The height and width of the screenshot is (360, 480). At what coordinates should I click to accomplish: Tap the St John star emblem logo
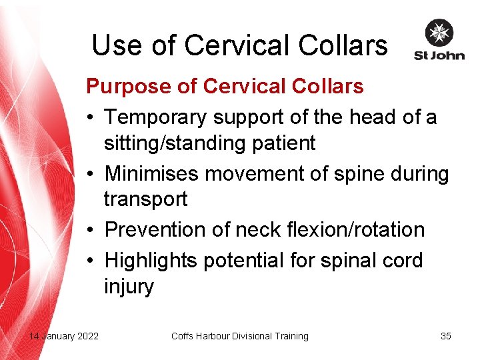point(439,33)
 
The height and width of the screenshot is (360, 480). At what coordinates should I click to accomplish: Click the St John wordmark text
point(439,55)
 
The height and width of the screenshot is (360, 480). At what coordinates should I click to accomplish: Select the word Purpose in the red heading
point(125,86)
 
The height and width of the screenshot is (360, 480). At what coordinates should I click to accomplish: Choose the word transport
point(145,199)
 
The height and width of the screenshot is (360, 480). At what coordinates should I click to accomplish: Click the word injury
point(129,287)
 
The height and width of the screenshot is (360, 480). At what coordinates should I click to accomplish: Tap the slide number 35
point(446,336)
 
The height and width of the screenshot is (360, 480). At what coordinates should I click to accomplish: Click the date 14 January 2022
point(63,336)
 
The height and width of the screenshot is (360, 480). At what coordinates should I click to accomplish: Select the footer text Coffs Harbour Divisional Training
point(240,336)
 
